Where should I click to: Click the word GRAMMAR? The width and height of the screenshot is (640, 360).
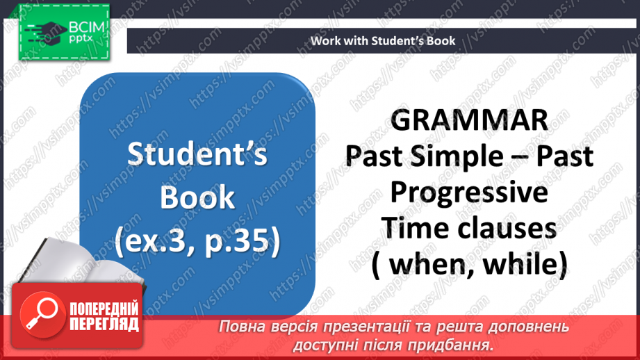point(469,120)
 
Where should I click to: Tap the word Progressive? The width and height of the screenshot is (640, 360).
point(469,193)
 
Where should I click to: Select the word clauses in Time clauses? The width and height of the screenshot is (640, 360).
point(507,228)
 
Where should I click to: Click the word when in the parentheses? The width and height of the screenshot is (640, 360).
point(428,265)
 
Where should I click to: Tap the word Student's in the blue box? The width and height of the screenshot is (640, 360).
point(197,154)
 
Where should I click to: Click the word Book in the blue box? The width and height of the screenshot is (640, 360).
point(197,197)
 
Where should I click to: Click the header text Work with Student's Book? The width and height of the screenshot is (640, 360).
point(383,41)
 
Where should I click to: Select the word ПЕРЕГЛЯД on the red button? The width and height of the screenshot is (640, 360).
point(104,324)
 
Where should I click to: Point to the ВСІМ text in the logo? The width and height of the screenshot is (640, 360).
point(87,28)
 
